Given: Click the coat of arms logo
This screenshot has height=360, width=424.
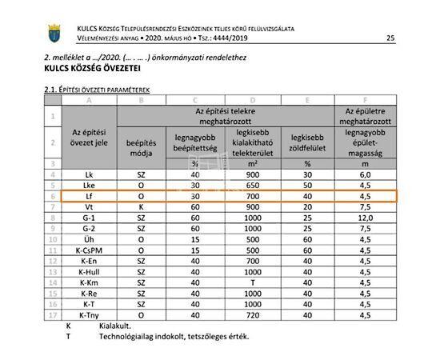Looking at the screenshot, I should pos(54,34).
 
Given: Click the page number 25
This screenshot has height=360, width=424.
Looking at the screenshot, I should pos(390,38).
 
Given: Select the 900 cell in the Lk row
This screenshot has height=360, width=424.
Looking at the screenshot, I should pos(254,174).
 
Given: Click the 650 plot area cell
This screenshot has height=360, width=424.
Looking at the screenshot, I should pos(254,184).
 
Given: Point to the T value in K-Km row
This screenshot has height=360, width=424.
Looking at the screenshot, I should pos(254,282).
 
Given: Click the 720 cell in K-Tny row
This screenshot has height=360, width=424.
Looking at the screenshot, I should pos(254,315).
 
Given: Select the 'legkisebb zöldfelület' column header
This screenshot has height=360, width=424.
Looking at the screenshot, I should pos(308,142).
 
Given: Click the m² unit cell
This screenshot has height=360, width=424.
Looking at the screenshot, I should pos(254,163).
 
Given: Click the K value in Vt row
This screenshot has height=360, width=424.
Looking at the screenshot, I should pos(141,206).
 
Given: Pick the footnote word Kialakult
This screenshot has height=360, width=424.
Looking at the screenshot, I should pos(114,326).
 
